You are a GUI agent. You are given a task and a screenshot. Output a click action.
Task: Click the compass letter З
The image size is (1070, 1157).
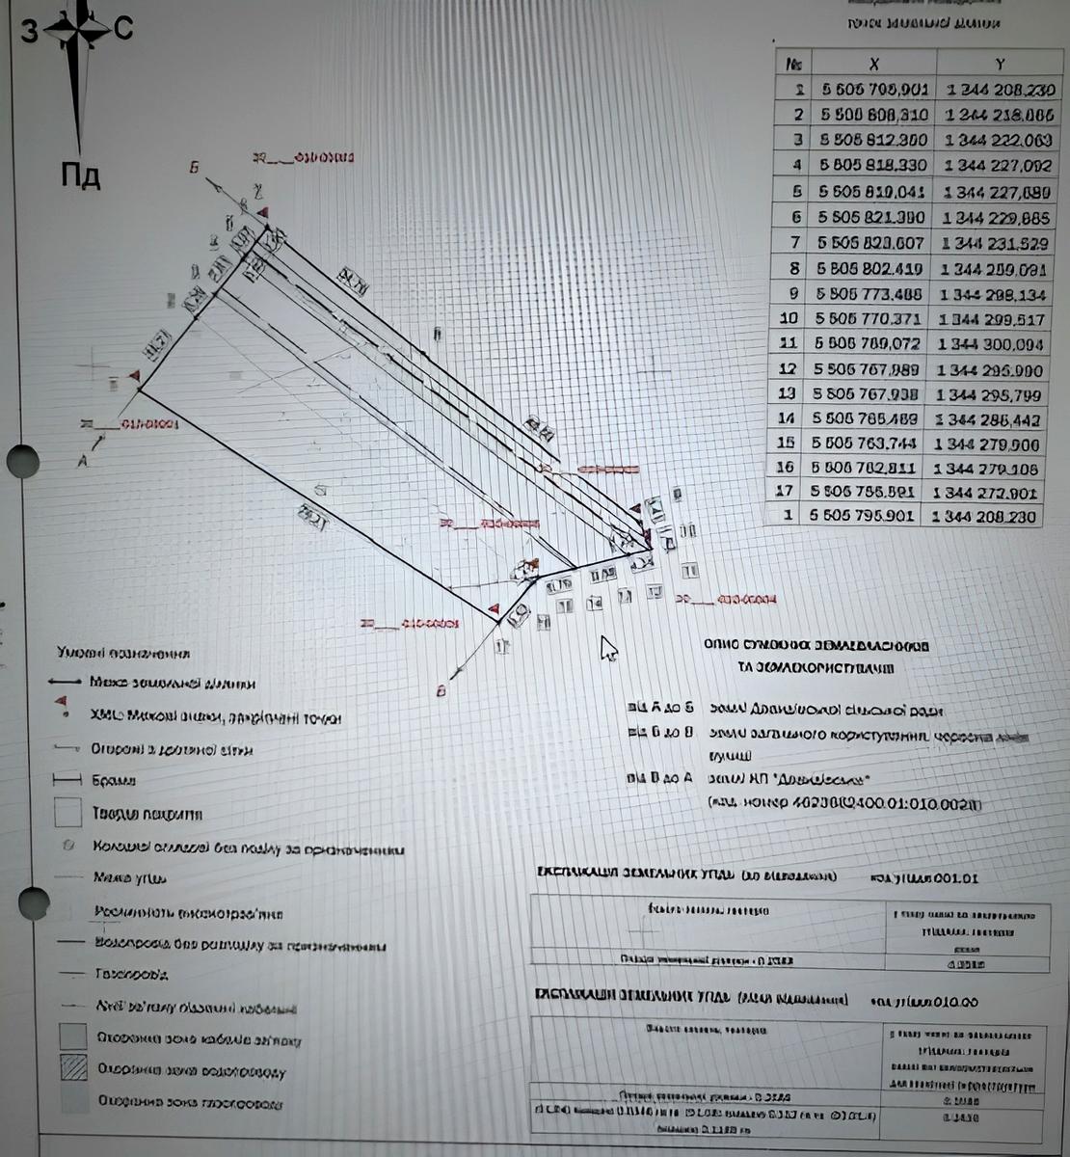[x=29, y=32]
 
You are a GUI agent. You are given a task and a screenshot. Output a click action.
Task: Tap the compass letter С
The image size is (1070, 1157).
[x=122, y=30]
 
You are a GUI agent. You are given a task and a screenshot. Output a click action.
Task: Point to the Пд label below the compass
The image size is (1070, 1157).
[x=81, y=176]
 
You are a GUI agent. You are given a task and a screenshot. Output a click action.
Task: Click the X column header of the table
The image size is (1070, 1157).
[x=873, y=64]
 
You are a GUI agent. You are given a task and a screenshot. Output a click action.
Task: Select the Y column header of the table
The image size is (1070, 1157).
[x=1000, y=64]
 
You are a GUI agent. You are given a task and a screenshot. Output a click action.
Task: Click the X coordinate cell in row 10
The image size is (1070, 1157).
[x=870, y=318]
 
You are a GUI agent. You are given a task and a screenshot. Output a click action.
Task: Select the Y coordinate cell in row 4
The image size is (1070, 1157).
[x=998, y=165]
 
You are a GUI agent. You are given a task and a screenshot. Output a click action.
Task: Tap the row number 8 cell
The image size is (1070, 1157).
[x=793, y=269]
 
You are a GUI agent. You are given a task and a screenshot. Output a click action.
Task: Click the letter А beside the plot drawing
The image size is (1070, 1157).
[x=82, y=461]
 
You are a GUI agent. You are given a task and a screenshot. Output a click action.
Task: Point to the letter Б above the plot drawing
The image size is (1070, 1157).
[x=194, y=168]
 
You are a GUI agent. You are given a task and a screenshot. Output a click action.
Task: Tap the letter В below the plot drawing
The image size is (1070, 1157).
[x=441, y=690]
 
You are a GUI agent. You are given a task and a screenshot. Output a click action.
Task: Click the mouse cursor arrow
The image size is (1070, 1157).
[x=608, y=649]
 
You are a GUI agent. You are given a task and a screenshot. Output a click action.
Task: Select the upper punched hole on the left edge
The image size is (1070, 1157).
[x=21, y=462]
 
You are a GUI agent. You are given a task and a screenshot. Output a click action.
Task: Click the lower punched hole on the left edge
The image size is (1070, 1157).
[x=31, y=903]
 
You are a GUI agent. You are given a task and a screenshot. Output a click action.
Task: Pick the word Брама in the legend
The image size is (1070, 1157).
[x=113, y=780]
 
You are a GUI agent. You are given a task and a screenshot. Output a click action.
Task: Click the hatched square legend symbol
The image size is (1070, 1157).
[x=73, y=1068]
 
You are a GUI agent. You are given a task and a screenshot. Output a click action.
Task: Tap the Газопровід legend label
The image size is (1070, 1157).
[x=132, y=974]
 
